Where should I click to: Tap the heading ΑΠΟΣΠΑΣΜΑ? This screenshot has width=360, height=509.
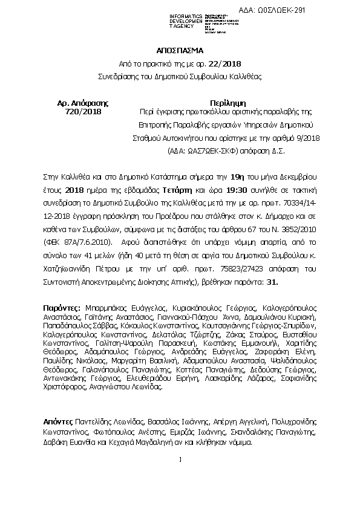coord(180,51)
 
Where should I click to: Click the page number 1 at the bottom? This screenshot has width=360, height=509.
coord(180,462)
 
